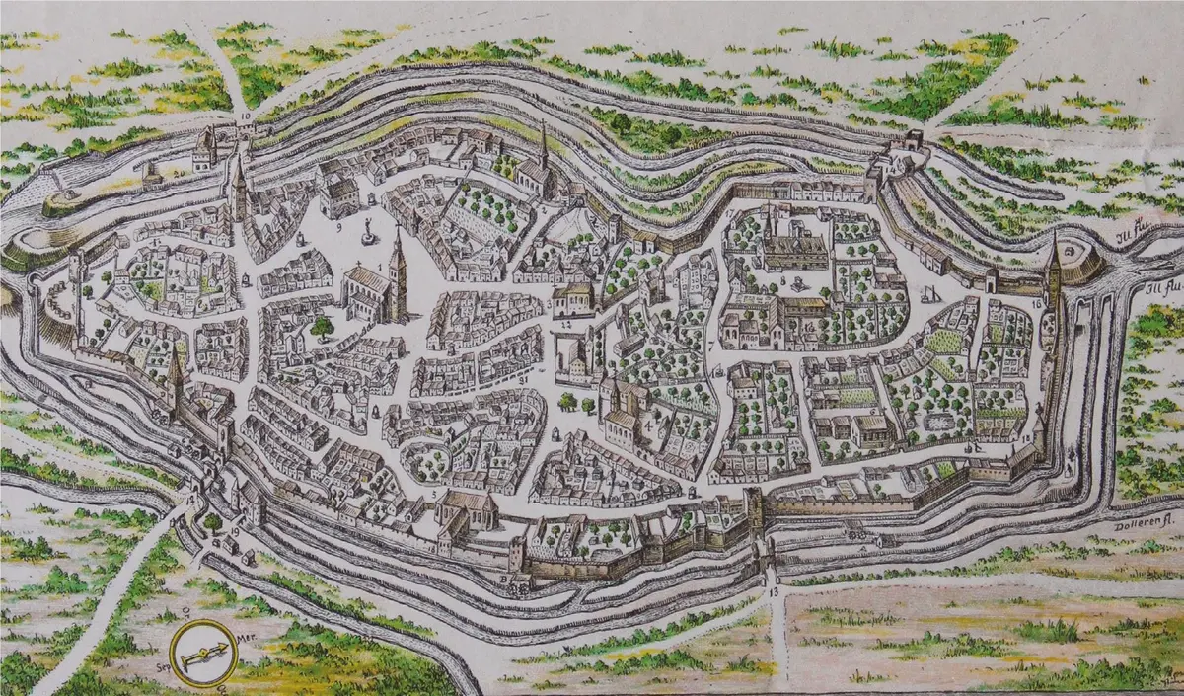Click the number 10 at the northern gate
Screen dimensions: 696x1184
click(x=244, y=116)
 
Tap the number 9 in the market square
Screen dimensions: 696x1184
click(x=338, y=226)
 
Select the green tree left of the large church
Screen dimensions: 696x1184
click(x=322, y=326)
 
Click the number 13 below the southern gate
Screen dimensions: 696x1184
click(x=773, y=591)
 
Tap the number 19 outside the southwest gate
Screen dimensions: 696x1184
click(x=236, y=533)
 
